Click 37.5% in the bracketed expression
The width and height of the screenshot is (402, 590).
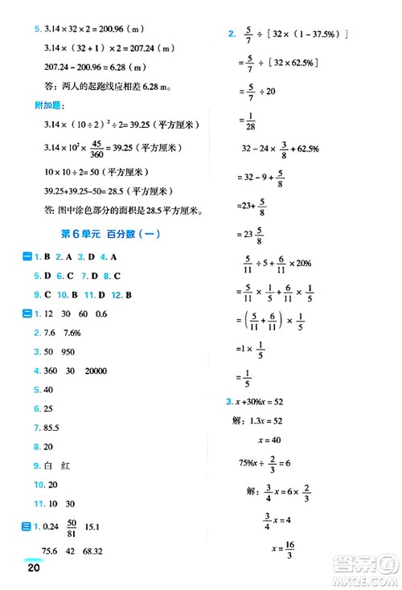(322, 35)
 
